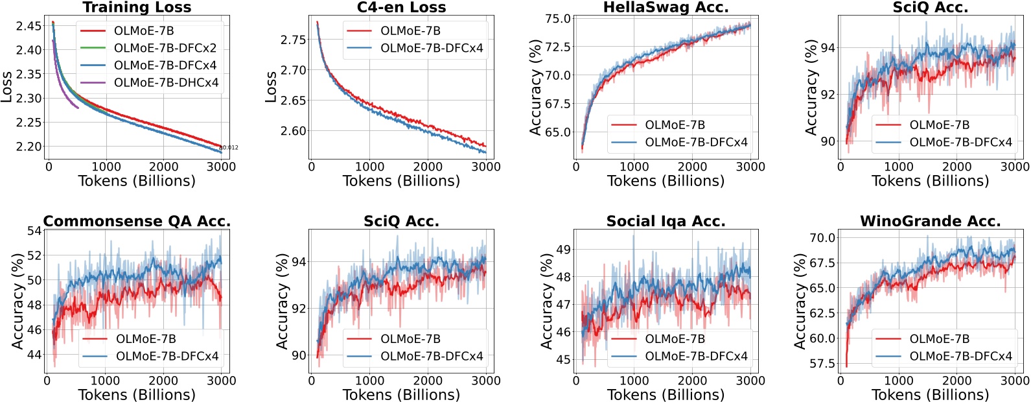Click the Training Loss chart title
pyautogui.click(x=137, y=8)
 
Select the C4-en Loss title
pyautogui.click(x=401, y=8)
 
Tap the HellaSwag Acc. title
pyautogui.click(x=666, y=8)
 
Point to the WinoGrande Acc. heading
pyautogui.click(x=930, y=222)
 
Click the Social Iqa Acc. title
pyautogui.click(x=666, y=222)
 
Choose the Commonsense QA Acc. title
pyautogui.click(x=137, y=222)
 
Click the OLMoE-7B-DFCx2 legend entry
pyautogui.click(x=165, y=48)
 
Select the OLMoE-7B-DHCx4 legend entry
pyautogui.click(x=166, y=83)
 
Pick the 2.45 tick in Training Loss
pyautogui.click(x=29, y=26)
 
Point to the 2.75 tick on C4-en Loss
pyautogui.click(x=293, y=40)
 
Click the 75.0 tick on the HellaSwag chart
pyautogui.click(x=558, y=19)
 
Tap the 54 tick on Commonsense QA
pyautogui.click(x=34, y=231)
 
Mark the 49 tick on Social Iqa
pyautogui.click(x=563, y=250)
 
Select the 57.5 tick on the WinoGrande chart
pyautogui.click(x=822, y=364)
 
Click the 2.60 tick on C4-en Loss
pyautogui.click(x=293, y=131)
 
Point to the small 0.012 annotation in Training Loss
pyautogui.click(x=229, y=148)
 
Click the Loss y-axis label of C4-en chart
pyautogui.click(x=271, y=87)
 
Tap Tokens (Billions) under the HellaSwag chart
pyautogui.click(x=666, y=181)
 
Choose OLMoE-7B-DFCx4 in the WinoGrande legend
pyautogui.click(x=960, y=356)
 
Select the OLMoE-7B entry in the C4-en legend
pyautogui.click(x=410, y=30)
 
